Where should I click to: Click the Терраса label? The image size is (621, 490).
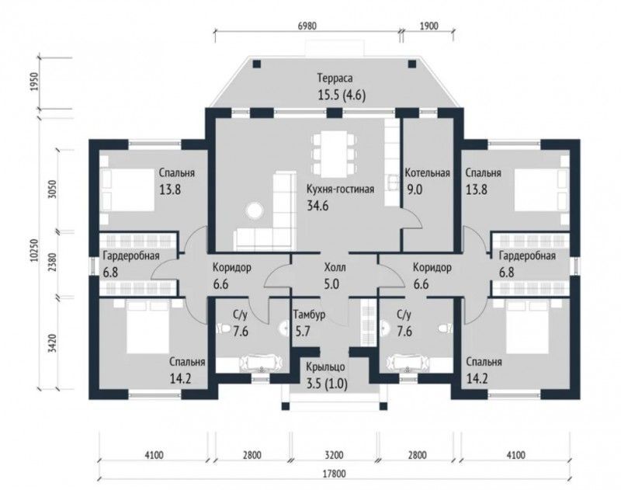click(x=335, y=78)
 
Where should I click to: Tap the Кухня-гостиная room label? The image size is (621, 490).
click(x=340, y=189)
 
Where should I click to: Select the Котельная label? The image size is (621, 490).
click(x=428, y=172)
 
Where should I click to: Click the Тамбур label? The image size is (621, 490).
click(x=309, y=315)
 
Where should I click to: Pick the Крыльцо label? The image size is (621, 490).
click(x=325, y=367)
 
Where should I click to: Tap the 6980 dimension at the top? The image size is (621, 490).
click(x=307, y=26)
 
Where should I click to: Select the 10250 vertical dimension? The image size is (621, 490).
click(x=34, y=250)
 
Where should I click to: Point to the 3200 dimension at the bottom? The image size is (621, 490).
click(x=334, y=455)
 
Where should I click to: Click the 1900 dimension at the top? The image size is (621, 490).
click(x=428, y=26)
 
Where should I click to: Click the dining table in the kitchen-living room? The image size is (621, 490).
click(x=334, y=155)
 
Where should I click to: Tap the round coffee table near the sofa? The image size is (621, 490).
click(x=254, y=209)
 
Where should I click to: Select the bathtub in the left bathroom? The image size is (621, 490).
click(x=261, y=363)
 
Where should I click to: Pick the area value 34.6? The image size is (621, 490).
click(x=318, y=206)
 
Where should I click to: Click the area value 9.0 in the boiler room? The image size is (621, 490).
click(x=415, y=189)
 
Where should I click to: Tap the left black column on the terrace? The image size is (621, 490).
click(x=257, y=64)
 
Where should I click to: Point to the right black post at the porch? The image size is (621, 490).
click(x=383, y=405)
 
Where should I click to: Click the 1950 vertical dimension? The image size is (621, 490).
click(x=34, y=82)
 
